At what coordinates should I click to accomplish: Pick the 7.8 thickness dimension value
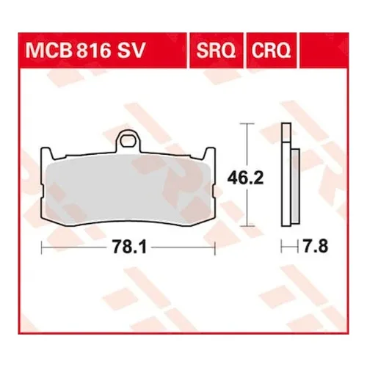tap(315, 250)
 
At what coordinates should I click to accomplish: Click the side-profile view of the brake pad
tap(289, 176)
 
